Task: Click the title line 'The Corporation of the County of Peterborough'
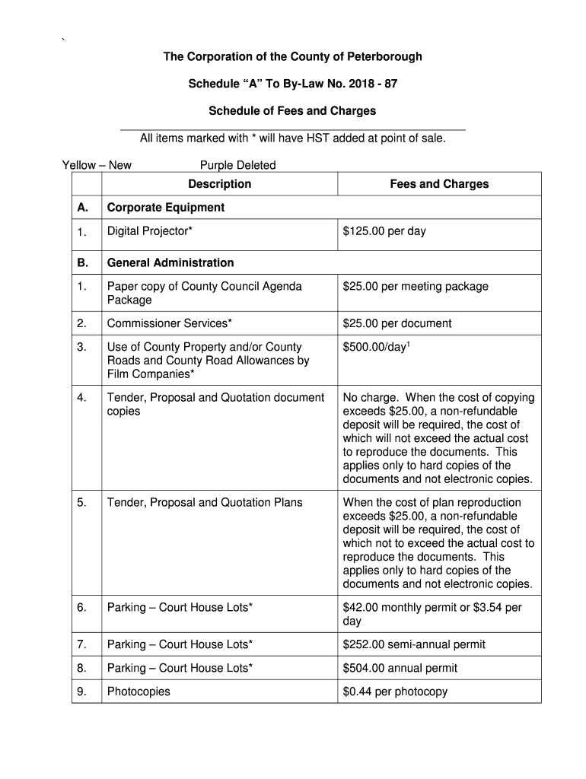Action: point(293,57)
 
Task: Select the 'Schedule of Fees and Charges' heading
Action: point(293,111)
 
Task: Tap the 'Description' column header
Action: point(220,184)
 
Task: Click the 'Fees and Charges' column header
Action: point(439,184)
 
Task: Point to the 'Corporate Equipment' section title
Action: point(166,208)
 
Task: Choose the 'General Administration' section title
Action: point(170,263)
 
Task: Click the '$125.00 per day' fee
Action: point(384,231)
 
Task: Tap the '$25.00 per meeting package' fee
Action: point(416,287)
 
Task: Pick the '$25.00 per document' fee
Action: point(397,323)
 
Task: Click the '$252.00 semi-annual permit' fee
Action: point(414,644)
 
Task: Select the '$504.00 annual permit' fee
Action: point(400,668)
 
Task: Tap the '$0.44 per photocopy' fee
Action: point(396,692)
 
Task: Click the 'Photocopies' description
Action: point(139,692)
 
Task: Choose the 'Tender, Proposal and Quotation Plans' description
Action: point(205,502)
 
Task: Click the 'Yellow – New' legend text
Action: point(97,165)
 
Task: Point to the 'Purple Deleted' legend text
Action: point(237,165)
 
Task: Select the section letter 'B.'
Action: point(83,263)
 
